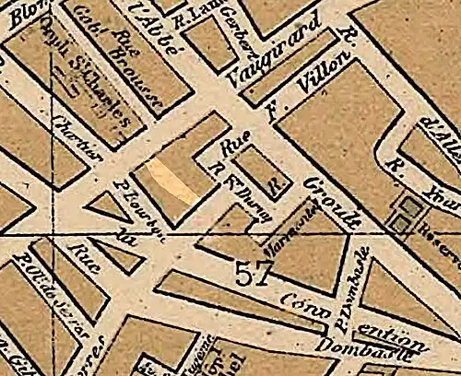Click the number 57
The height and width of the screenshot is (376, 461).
tap(254, 274)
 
